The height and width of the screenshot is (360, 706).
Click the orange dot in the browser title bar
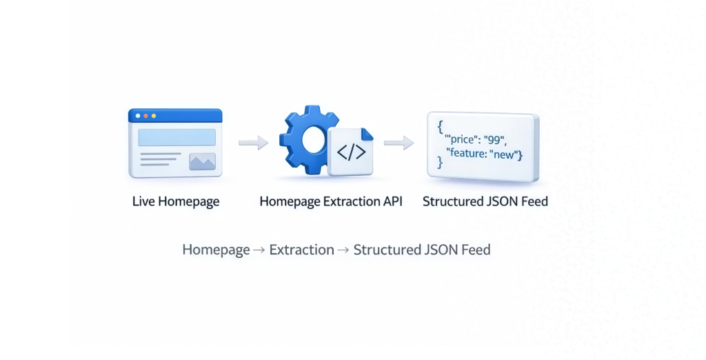(x=145, y=116)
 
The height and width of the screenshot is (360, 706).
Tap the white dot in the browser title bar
(x=138, y=116)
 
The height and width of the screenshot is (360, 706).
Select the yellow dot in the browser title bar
(x=153, y=116)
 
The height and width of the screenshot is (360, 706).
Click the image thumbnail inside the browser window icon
(x=202, y=162)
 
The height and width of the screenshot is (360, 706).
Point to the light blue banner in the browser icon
(x=176, y=137)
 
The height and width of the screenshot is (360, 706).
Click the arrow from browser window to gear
(x=253, y=143)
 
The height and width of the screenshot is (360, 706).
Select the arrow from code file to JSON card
(x=399, y=143)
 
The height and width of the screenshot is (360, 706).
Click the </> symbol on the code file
(x=351, y=152)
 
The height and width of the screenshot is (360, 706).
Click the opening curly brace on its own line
(x=439, y=128)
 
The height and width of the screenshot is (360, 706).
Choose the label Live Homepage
(x=176, y=202)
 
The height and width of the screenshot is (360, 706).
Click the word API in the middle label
(x=391, y=202)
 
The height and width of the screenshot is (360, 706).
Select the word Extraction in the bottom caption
(x=301, y=250)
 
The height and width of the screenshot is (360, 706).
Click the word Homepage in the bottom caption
(x=216, y=250)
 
